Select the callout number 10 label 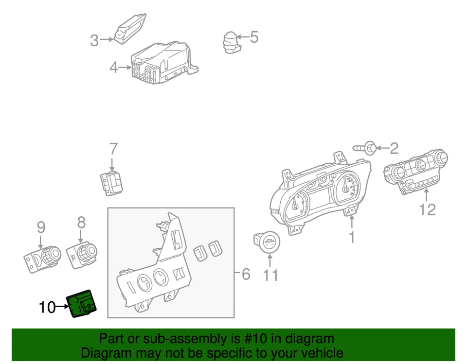tap(47, 307)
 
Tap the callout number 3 tap(94, 41)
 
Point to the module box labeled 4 tap(163, 62)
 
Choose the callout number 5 tap(254, 37)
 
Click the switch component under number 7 tap(112, 184)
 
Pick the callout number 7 tap(113, 149)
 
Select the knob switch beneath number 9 tap(42, 256)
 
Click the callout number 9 tap(41, 227)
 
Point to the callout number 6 tap(246, 275)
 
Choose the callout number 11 tap(270, 276)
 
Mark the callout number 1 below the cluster tap(351, 237)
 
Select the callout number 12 tap(427, 209)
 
